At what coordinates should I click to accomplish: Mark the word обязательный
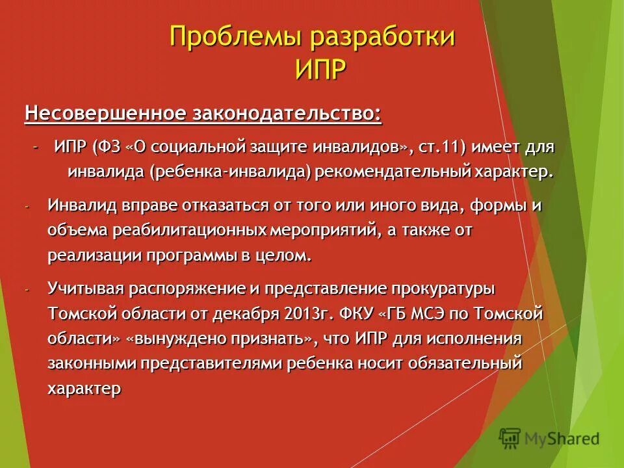(x=465, y=364)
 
